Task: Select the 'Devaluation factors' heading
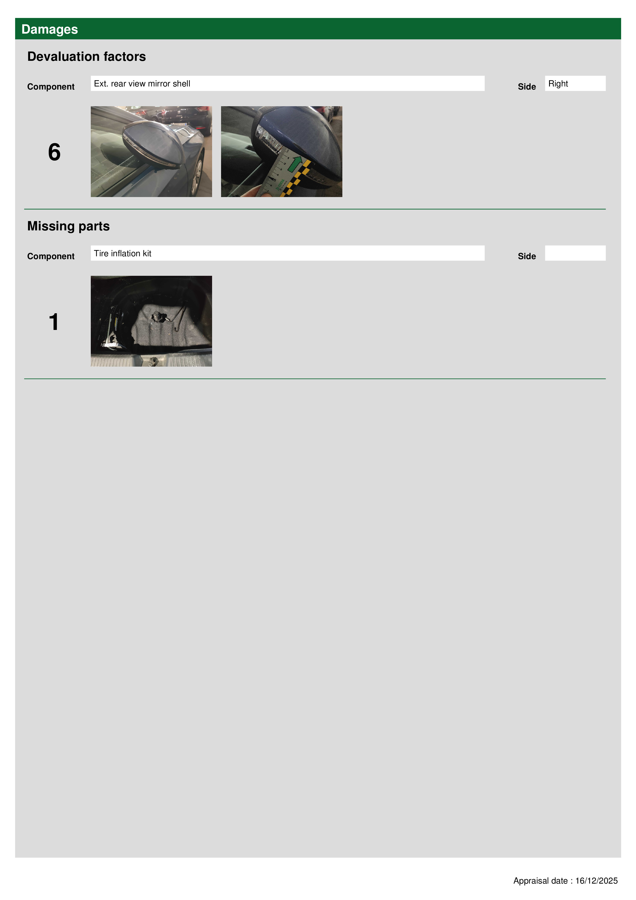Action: coord(87,56)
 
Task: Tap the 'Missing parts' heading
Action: coord(68,226)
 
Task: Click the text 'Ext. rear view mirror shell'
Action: coord(142,83)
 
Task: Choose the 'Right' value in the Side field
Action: coord(558,83)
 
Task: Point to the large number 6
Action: coord(54,152)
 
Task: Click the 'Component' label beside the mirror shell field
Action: coord(51,87)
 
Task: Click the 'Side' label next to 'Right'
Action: coord(527,87)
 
